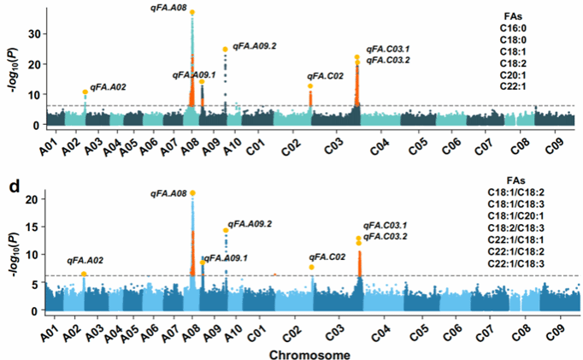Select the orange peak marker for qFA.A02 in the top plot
pos(85,91)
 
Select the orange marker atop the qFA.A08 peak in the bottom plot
pos(192,192)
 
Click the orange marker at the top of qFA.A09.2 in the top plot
pos(225,49)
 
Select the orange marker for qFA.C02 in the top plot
pos(310,86)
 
